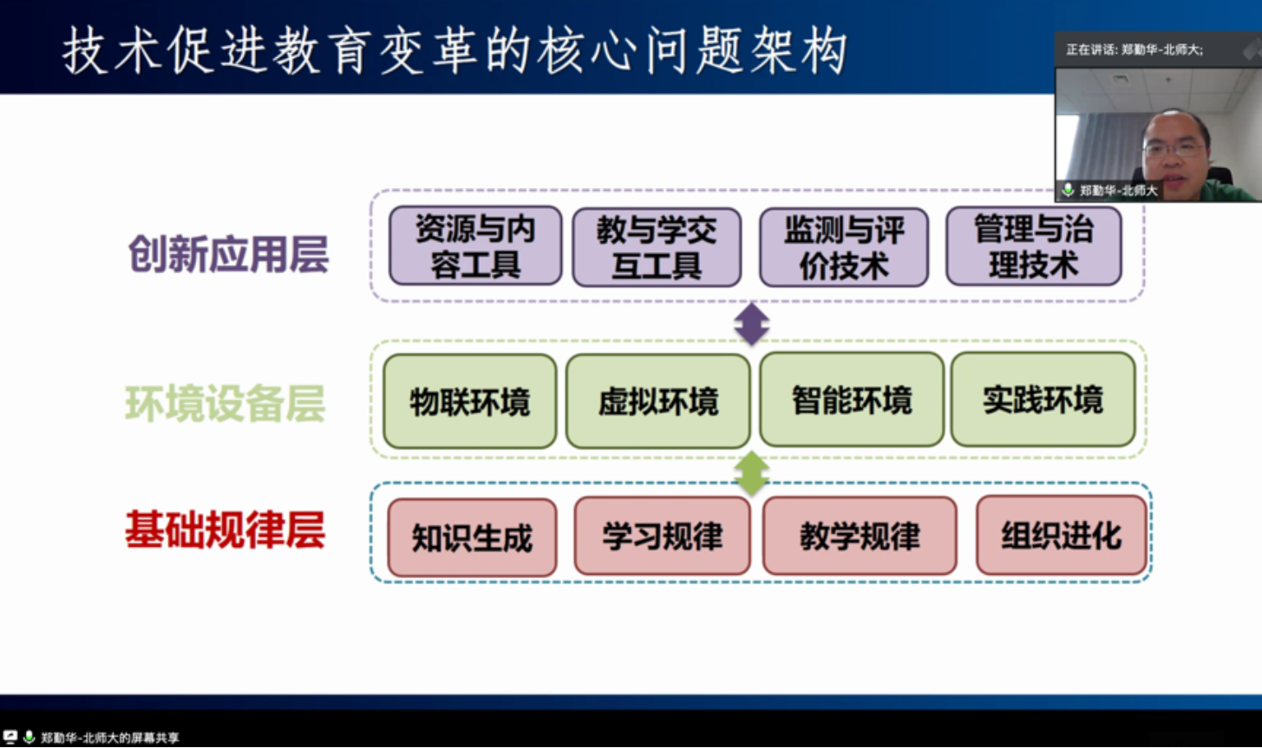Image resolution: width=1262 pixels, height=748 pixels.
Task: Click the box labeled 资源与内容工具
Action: tap(474, 246)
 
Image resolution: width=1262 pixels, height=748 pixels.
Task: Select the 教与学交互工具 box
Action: tap(657, 247)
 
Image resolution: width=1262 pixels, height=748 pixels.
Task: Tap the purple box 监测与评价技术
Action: tap(844, 247)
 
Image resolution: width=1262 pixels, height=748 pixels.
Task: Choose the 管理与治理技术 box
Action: tap(1033, 246)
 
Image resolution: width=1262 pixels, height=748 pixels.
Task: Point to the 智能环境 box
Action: tap(851, 400)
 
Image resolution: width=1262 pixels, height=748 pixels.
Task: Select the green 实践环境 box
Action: tap(1043, 400)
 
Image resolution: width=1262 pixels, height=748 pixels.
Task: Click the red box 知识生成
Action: tap(472, 537)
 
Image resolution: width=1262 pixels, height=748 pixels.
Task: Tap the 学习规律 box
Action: tap(662, 536)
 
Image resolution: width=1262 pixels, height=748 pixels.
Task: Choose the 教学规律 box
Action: tap(860, 536)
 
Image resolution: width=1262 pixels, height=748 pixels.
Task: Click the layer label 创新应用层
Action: tap(228, 255)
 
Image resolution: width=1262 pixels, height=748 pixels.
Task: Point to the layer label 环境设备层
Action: tap(225, 404)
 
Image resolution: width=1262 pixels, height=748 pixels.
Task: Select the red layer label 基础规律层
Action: tap(225, 530)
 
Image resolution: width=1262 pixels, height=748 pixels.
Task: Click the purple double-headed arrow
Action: tap(751, 323)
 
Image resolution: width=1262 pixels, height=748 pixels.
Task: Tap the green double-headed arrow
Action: tap(751, 473)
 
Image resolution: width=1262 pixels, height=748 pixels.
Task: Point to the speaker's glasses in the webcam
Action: tap(1173, 149)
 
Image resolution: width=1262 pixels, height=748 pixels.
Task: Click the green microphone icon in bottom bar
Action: tap(29, 738)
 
